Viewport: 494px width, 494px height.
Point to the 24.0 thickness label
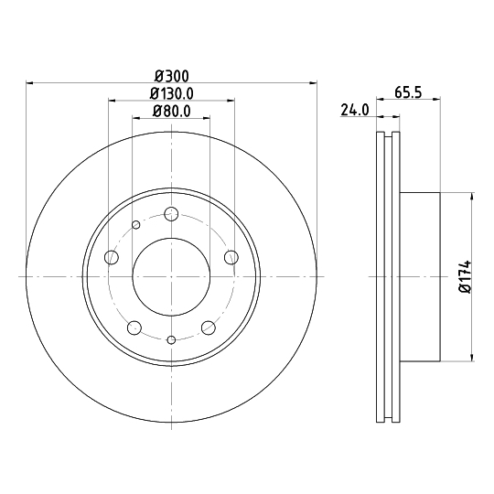354,111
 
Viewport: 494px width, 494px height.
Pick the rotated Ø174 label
464,275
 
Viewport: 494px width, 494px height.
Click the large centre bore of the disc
171,275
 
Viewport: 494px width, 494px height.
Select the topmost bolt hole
171,214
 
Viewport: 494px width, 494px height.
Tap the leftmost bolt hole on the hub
112,257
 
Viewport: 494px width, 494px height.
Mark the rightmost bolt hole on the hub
231,257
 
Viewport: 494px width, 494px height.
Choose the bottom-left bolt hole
134,326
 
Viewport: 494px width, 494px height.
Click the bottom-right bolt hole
208,326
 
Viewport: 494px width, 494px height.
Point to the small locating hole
136,225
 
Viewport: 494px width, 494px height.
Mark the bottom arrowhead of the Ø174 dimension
471,354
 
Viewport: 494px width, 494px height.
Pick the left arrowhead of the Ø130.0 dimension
113,101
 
